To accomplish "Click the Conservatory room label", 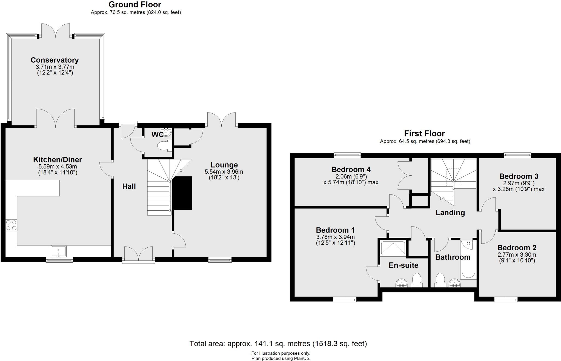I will click(55, 60).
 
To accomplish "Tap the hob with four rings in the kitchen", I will click(11, 225).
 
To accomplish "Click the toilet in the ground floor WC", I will click(164, 146).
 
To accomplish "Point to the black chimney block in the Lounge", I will click(182, 193).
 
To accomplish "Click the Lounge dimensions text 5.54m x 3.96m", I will click(224, 172).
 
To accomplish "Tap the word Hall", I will click(129, 186).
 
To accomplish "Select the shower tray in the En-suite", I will click(393, 248).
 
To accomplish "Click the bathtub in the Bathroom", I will click(468, 260).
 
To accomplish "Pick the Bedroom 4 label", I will click(351, 170).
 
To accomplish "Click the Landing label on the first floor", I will click(450, 213).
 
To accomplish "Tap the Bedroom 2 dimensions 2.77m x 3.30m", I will click(517, 255).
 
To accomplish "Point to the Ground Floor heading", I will click(135, 5).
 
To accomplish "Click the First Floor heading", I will click(424, 134).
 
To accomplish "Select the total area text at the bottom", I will click(278, 343).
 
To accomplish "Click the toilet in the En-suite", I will click(417, 280).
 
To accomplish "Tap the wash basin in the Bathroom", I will click(455, 283).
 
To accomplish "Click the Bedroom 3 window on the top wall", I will click(517, 155).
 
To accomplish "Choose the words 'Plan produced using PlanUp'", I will click(280, 358).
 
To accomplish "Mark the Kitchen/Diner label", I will click(58, 160).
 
